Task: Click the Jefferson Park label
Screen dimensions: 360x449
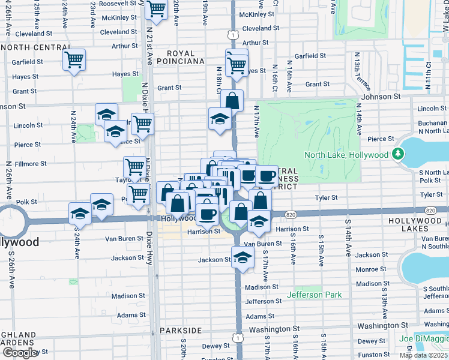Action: point(314,295)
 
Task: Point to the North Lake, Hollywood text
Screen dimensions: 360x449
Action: point(346,155)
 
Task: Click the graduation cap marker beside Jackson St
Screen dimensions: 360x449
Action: point(242,257)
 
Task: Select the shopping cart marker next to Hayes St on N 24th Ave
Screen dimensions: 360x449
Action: point(74,59)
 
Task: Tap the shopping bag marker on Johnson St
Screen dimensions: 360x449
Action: point(232,100)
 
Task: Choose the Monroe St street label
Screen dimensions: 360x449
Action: point(371,269)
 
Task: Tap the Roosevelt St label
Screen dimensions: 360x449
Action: point(118,4)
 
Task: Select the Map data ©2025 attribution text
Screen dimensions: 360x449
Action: point(424,355)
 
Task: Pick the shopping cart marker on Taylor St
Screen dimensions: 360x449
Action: point(134,166)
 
